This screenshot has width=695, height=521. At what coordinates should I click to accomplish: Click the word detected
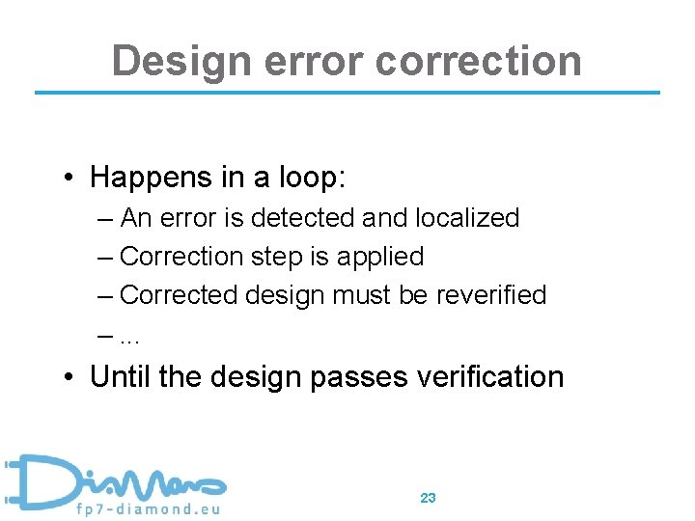pos(302,218)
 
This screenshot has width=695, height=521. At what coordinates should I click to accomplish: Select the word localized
pos(467,218)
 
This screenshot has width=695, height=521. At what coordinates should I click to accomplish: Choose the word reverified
pos(490,295)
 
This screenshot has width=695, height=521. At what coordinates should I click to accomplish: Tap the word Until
pos(120,375)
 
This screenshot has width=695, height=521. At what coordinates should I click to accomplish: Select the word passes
pos(355,376)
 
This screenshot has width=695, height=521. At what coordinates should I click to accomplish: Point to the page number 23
pos(429,498)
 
